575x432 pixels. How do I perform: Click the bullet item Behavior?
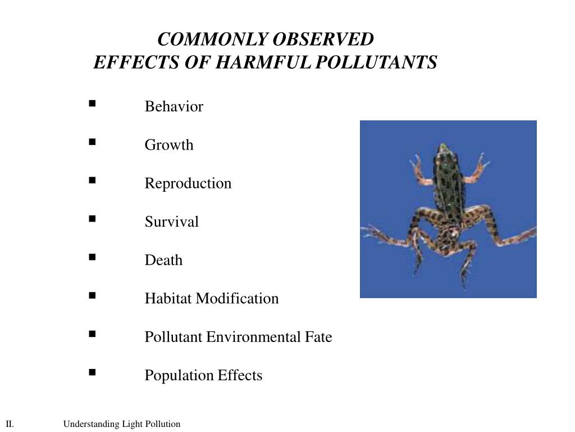click(x=174, y=107)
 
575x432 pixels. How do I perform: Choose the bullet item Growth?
click(x=169, y=145)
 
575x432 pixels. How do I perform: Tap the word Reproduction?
click(x=188, y=183)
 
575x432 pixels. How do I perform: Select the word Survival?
click(x=171, y=222)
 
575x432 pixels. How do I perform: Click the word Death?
click(x=163, y=260)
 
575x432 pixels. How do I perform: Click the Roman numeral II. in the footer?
click(x=10, y=424)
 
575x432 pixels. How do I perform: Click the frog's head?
click(x=444, y=151)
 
